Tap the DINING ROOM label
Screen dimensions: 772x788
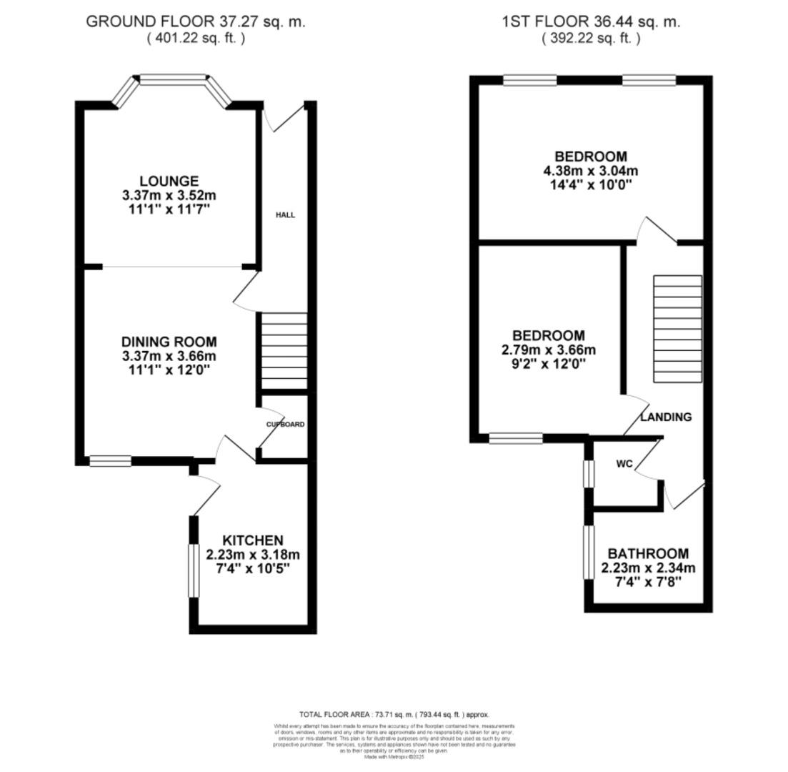point(169,342)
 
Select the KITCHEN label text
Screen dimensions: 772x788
point(252,540)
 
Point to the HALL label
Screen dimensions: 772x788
point(286,214)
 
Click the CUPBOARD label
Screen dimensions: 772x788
point(285,424)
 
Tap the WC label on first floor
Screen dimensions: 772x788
point(624,464)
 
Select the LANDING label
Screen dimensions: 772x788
point(666,417)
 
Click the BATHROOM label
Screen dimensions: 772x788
point(648,553)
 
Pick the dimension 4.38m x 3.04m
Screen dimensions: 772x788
point(591,171)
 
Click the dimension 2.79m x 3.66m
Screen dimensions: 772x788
point(549,350)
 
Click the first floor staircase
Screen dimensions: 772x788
point(677,330)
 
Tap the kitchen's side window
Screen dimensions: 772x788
point(193,570)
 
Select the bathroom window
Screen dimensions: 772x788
point(589,553)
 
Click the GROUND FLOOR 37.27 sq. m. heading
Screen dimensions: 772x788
point(196,21)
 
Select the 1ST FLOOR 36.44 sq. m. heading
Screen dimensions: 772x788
point(590,21)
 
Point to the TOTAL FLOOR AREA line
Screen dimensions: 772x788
point(394,714)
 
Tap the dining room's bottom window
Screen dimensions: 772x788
point(110,462)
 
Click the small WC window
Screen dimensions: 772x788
point(589,473)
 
